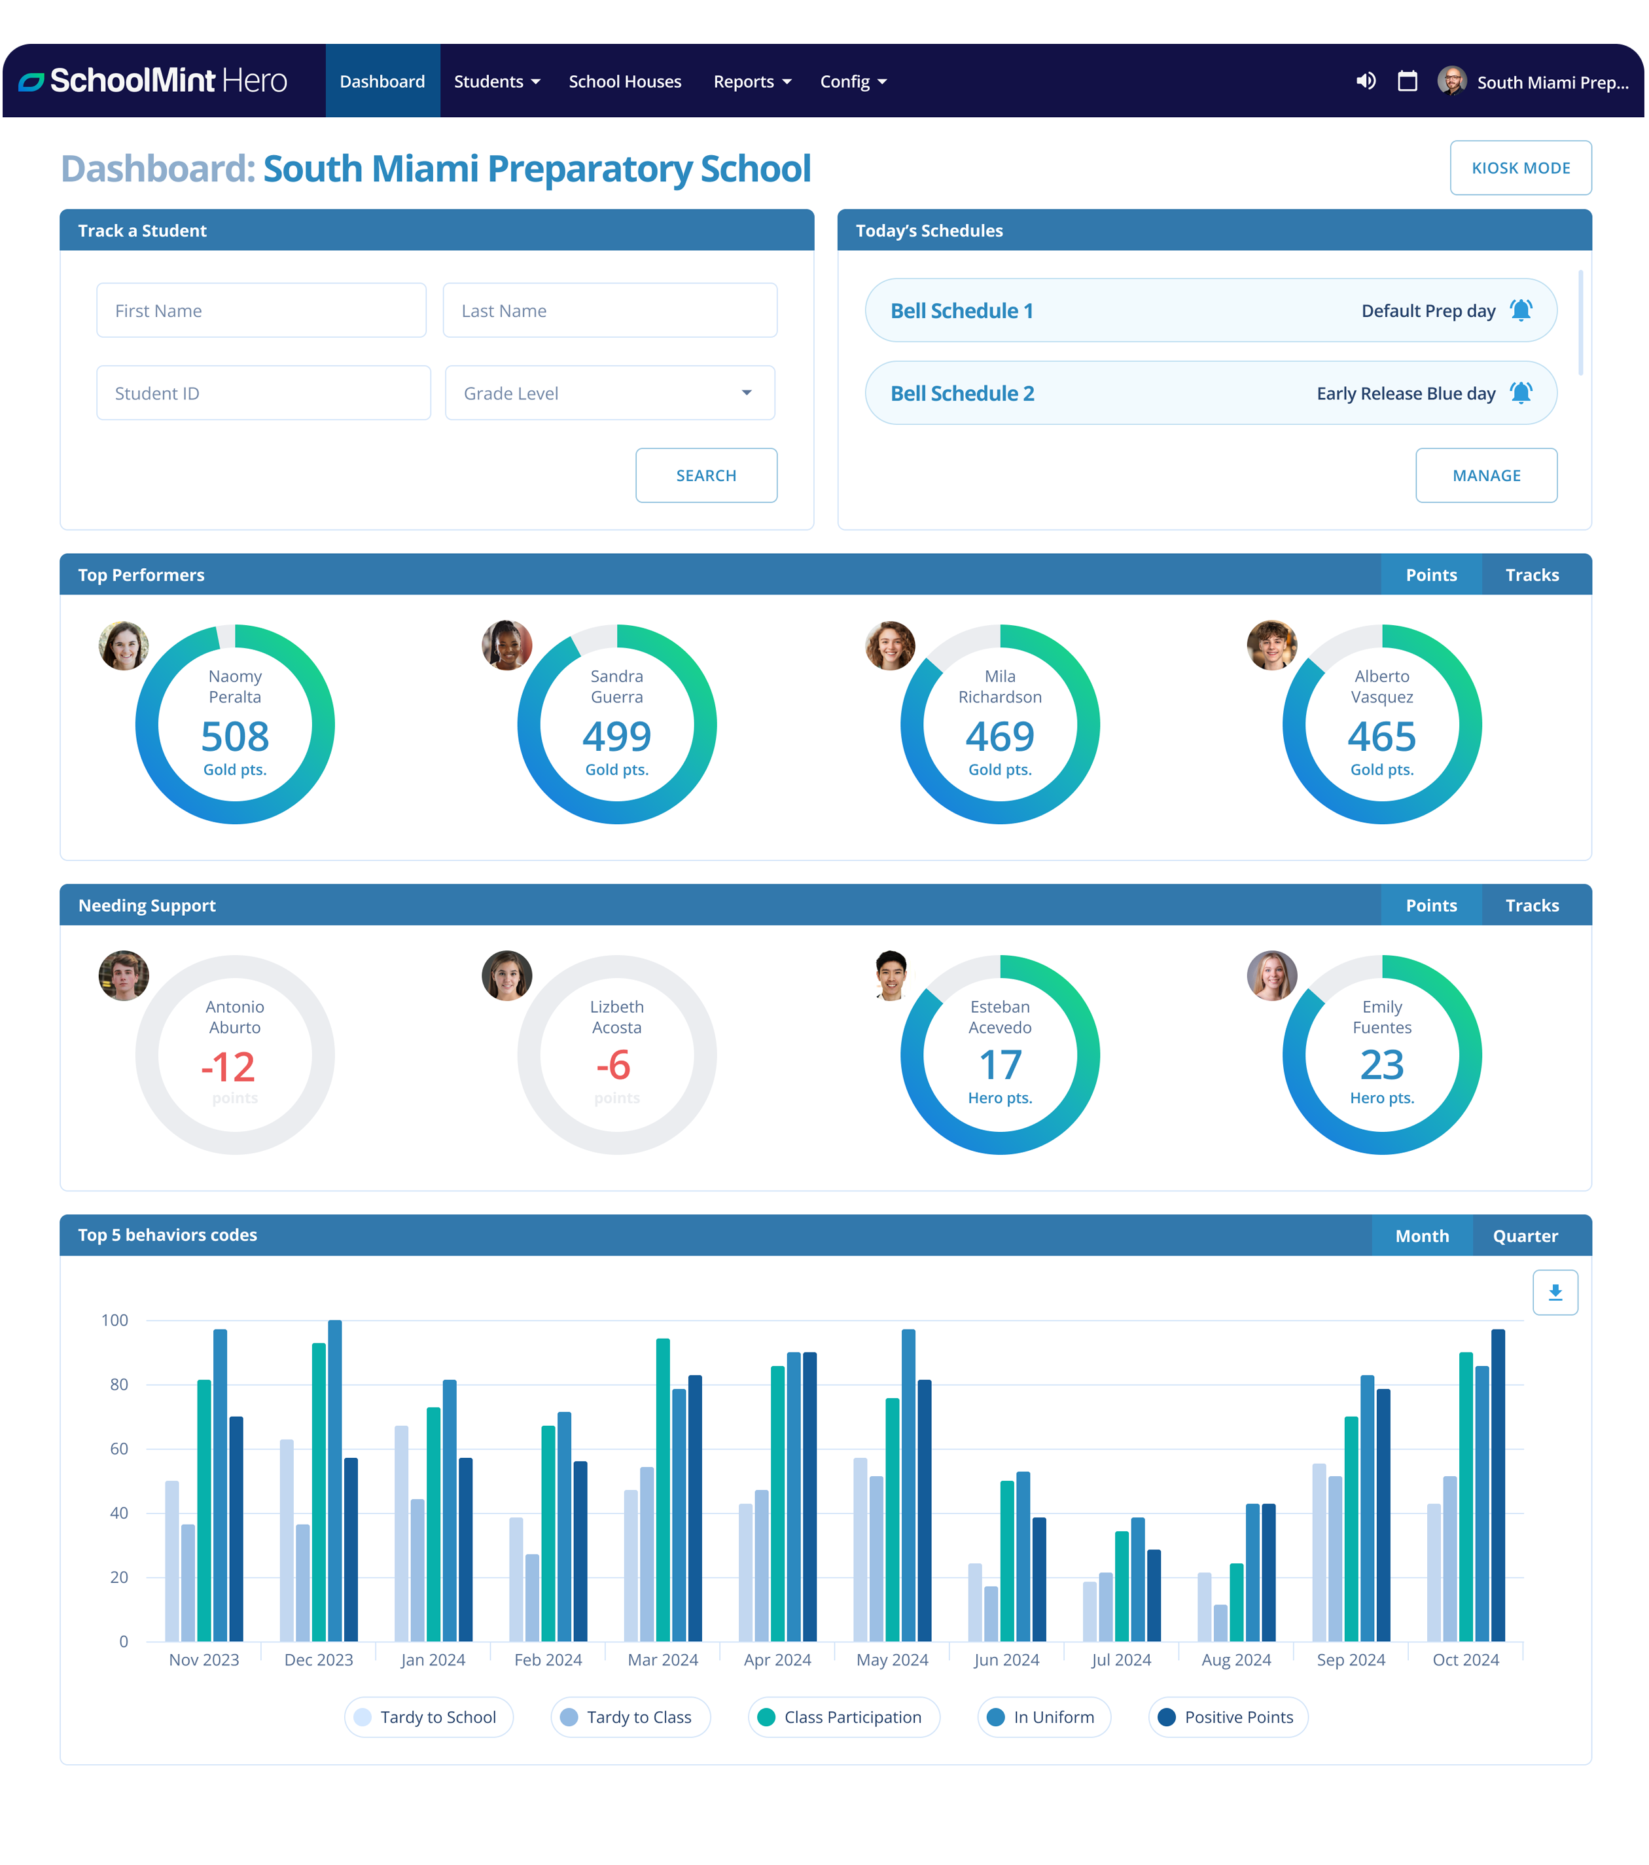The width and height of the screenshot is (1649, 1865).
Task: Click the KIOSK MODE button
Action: pos(1520,168)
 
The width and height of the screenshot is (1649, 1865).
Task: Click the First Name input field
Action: pos(261,310)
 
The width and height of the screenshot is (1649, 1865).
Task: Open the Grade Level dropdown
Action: pos(609,393)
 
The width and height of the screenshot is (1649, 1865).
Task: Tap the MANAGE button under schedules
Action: pos(1486,475)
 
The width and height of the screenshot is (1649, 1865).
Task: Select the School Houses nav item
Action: pos(625,82)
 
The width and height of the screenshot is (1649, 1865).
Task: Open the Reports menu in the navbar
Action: pos(751,82)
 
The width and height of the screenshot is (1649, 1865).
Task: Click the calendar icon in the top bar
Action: pos(1408,81)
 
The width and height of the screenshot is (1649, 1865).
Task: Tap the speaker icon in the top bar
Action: pos(1366,81)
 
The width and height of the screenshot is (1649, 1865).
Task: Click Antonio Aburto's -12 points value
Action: pos(228,1066)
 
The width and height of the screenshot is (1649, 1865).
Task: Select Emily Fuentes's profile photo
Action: pos(1271,975)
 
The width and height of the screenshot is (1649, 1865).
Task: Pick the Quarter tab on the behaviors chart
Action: pos(1525,1235)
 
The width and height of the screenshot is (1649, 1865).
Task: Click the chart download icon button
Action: pos(1555,1292)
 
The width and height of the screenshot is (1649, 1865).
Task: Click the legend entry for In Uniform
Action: pos(1044,1717)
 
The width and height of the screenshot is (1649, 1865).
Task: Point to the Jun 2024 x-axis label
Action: pos(1006,1659)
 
